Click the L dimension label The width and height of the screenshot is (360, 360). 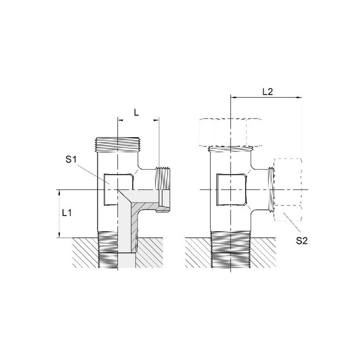[136, 112]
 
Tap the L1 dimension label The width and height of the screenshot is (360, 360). [67, 213]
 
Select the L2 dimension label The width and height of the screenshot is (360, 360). [267, 92]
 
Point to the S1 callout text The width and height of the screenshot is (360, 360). [71, 159]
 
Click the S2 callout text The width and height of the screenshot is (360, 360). [301, 241]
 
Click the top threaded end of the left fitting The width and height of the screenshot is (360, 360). [117, 144]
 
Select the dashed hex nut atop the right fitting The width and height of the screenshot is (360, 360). [230, 133]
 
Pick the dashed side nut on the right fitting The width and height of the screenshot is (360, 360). [288, 189]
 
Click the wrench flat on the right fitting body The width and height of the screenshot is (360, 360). [232, 189]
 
